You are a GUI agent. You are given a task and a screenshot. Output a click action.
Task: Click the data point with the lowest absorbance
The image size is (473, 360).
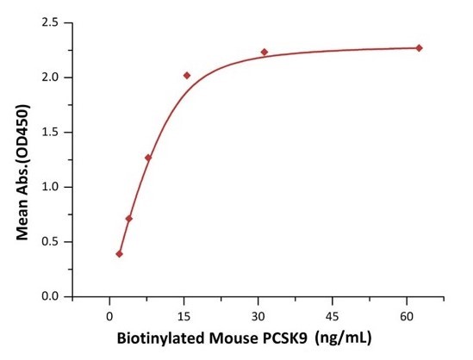(x=119, y=253)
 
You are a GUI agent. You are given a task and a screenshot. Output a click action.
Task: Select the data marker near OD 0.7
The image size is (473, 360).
(x=129, y=219)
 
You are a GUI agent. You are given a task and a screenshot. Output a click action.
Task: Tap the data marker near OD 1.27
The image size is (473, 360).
(x=148, y=158)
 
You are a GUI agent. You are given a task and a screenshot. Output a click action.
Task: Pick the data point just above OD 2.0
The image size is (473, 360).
(x=187, y=76)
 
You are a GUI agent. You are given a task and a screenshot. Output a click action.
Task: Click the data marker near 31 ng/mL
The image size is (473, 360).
(x=265, y=53)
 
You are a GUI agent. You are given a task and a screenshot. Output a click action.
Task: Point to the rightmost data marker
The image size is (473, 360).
(x=419, y=48)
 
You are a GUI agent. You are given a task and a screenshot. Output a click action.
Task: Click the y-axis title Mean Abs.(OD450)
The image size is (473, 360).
(x=25, y=159)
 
